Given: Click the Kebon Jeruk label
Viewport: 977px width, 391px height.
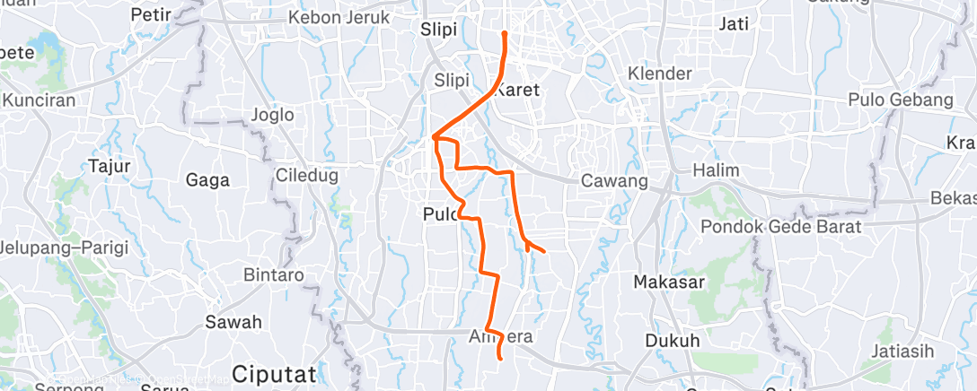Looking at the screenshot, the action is pos(339,18).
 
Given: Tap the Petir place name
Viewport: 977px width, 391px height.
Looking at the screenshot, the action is pos(150,14).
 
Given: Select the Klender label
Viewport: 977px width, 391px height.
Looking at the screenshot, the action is pos(660,74).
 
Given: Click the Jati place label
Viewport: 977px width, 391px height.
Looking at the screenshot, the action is pos(734,24).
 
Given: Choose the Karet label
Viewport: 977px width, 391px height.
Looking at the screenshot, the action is pos(518,89).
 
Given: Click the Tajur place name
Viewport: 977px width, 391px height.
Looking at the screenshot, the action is pos(110,166).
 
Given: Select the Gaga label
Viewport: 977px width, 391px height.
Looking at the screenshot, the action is pos(207,179).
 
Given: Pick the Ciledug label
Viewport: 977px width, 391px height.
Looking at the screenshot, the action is pos(307,176).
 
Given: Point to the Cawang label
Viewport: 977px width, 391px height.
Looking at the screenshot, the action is pos(614,180).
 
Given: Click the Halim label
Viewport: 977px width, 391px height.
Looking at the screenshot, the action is pos(716,170).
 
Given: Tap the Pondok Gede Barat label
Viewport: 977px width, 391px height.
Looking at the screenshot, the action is pos(781,227).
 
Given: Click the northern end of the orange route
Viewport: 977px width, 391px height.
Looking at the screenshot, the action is pos(505,33).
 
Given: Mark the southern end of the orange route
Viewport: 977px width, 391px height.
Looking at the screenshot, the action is pos(499,358).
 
